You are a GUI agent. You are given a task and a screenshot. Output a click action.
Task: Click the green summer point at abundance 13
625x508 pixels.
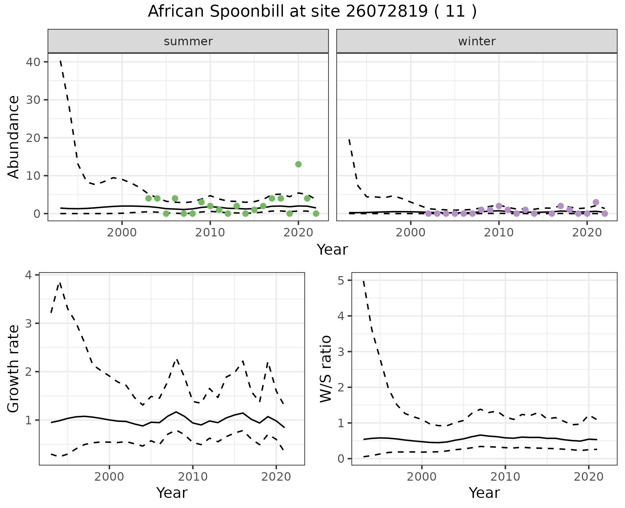tap(298, 164)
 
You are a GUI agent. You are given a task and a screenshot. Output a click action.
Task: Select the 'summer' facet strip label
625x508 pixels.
tap(188, 41)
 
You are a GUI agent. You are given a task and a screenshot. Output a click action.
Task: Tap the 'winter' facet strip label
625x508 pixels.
tap(477, 41)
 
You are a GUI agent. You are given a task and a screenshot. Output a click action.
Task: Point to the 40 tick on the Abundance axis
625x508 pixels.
tap(33, 62)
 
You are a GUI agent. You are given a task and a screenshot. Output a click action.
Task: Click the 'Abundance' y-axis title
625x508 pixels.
tap(14, 137)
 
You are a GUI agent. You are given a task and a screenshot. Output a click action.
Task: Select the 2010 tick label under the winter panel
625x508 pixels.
tap(498, 233)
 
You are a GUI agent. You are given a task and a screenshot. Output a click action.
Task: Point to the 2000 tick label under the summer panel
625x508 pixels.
tap(122, 233)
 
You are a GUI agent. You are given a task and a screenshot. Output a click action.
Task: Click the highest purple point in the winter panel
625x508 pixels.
tap(596, 202)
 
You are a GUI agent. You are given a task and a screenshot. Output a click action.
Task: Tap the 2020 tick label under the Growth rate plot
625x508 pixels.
tap(276, 477)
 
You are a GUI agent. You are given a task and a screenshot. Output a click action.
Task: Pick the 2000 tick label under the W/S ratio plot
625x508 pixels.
tap(422, 477)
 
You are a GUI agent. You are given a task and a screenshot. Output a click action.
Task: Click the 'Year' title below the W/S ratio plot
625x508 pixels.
tap(484, 493)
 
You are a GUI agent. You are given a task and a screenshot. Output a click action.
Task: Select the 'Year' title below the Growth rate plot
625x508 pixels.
tap(172, 493)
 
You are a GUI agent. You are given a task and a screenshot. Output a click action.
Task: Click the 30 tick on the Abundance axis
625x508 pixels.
tap(33, 100)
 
